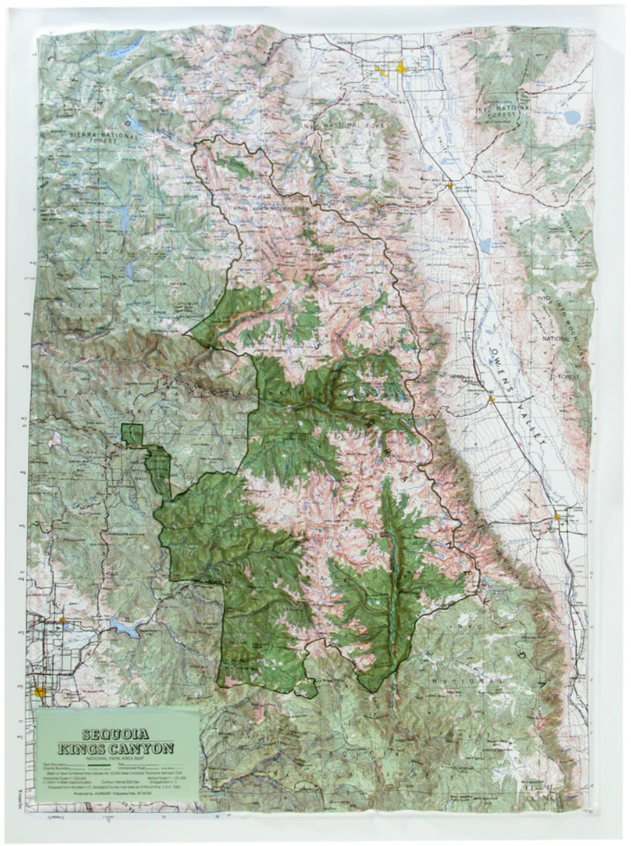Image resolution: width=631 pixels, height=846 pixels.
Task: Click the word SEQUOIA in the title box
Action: click(x=117, y=733)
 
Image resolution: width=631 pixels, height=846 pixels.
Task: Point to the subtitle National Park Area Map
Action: click(x=117, y=758)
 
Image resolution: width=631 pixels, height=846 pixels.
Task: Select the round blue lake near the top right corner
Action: click(x=572, y=116)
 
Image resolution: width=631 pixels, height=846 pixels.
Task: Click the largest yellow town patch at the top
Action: click(x=402, y=69)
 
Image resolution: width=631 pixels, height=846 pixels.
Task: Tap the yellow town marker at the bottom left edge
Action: click(x=41, y=692)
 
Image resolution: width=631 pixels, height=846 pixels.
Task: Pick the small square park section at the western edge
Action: click(x=131, y=434)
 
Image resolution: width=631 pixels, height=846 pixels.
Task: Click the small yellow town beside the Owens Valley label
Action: click(x=492, y=398)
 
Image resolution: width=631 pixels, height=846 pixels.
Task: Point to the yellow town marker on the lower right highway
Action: click(x=557, y=515)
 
